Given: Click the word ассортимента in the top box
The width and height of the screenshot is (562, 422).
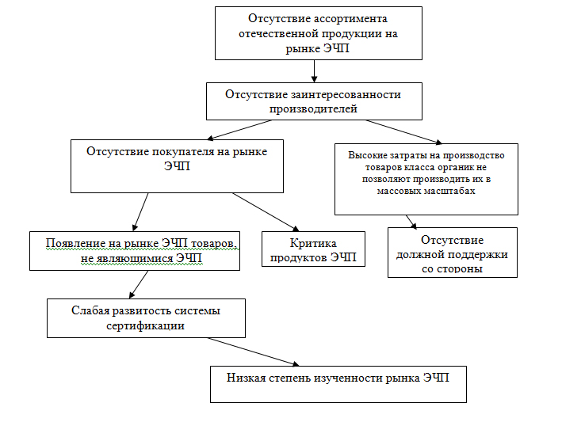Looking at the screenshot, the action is pyautogui.click(x=351, y=19).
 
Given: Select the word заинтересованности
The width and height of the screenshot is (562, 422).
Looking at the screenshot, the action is pyautogui.click(x=346, y=95).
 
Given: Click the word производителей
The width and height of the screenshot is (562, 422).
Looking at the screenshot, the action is pyautogui.click(x=314, y=109).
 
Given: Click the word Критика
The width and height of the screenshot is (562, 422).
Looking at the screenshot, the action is pyautogui.click(x=313, y=244).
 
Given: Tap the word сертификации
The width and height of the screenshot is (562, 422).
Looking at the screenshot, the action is pyautogui.click(x=146, y=326).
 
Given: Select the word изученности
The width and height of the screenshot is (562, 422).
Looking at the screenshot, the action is pyautogui.click(x=348, y=378).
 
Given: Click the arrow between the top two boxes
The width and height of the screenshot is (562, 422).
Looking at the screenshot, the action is pyautogui.click(x=315, y=71).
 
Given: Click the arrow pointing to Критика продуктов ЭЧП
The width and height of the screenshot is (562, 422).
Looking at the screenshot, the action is pyautogui.click(x=266, y=212).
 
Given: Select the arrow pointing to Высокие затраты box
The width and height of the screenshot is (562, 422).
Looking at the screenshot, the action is pyautogui.click(x=404, y=132).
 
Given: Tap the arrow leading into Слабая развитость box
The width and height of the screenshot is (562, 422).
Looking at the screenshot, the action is pyautogui.click(x=139, y=284).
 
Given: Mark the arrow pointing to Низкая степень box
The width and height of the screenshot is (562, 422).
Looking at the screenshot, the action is pyautogui.click(x=253, y=352).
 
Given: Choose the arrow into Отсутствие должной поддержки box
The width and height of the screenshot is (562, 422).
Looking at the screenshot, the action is pyautogui.click(x=411, y=222).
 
